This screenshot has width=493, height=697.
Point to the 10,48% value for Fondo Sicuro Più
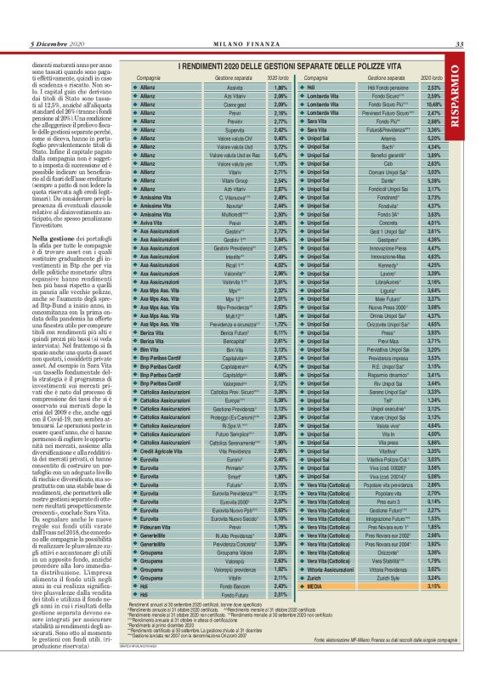pos(433,104)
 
